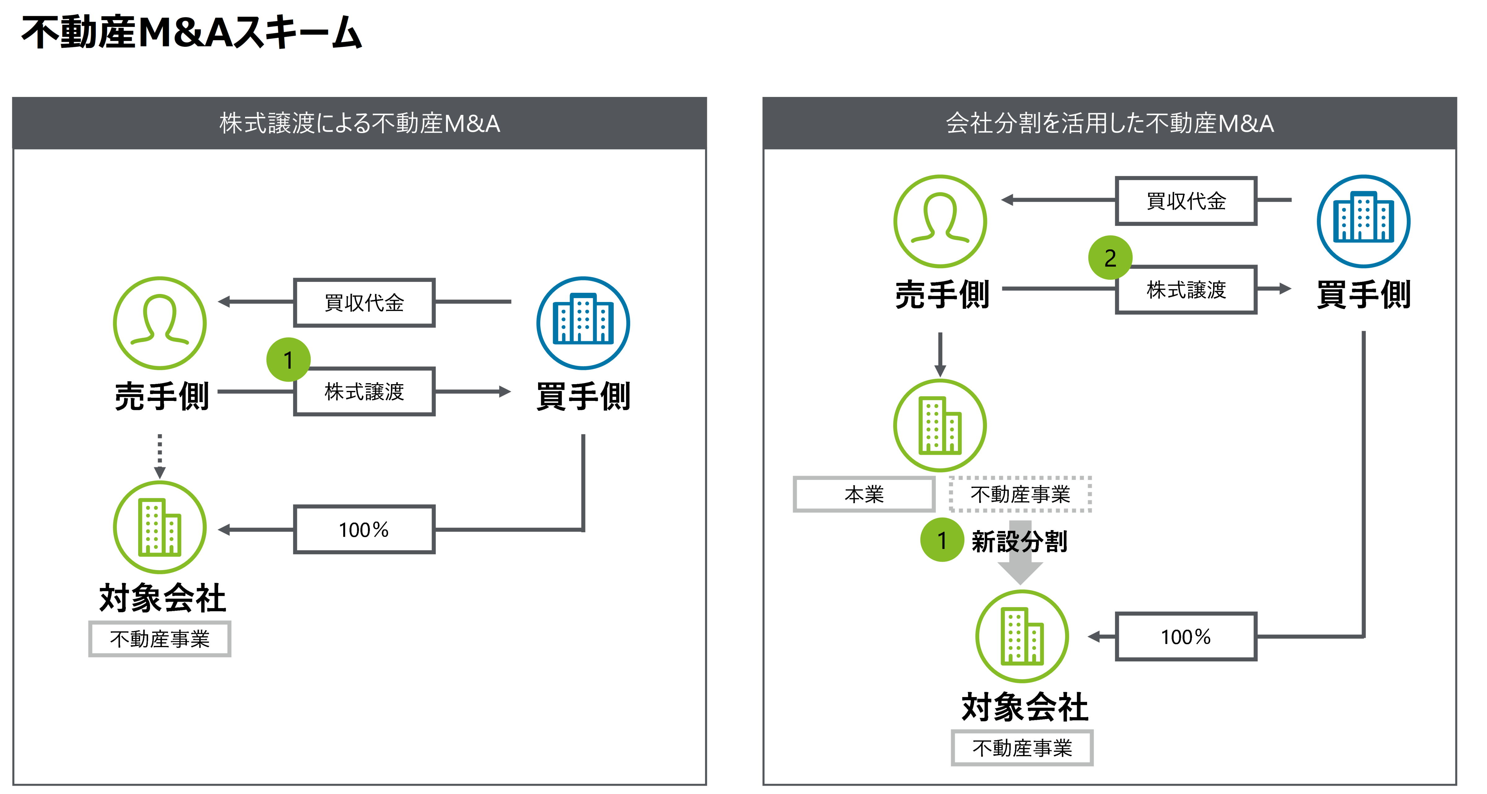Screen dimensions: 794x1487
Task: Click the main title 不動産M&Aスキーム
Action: tap(191, 33)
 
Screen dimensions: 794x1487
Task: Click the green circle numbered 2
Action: tap(1109, 257)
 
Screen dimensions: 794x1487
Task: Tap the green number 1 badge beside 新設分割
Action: tap(941, 541)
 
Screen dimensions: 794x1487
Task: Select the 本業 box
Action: tap(864, 494)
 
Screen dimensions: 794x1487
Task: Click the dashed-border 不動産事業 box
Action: tap(1020, 494)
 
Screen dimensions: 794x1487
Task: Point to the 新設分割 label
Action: tap(1020, 542)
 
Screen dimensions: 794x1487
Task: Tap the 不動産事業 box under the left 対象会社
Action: tap(160, 639)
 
